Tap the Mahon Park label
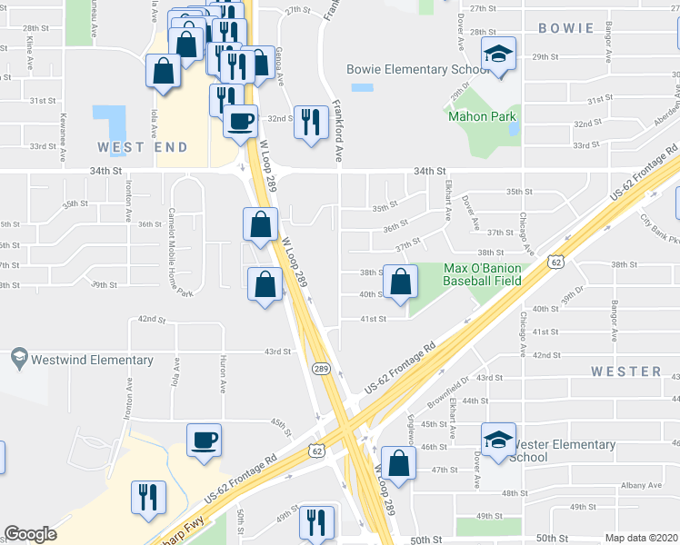[x=482, y=116]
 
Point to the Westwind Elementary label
[x=92, y=360]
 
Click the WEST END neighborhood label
[x=143, y=147]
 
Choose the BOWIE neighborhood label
[x=565, y=28]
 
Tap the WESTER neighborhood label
[x=626, y=372]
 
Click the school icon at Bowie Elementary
[x=498, y=56]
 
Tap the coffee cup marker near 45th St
[x=204, y=441]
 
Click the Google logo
[x=30, y=534]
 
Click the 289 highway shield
[x=321, y=368]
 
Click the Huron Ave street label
[x=222, y=374]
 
